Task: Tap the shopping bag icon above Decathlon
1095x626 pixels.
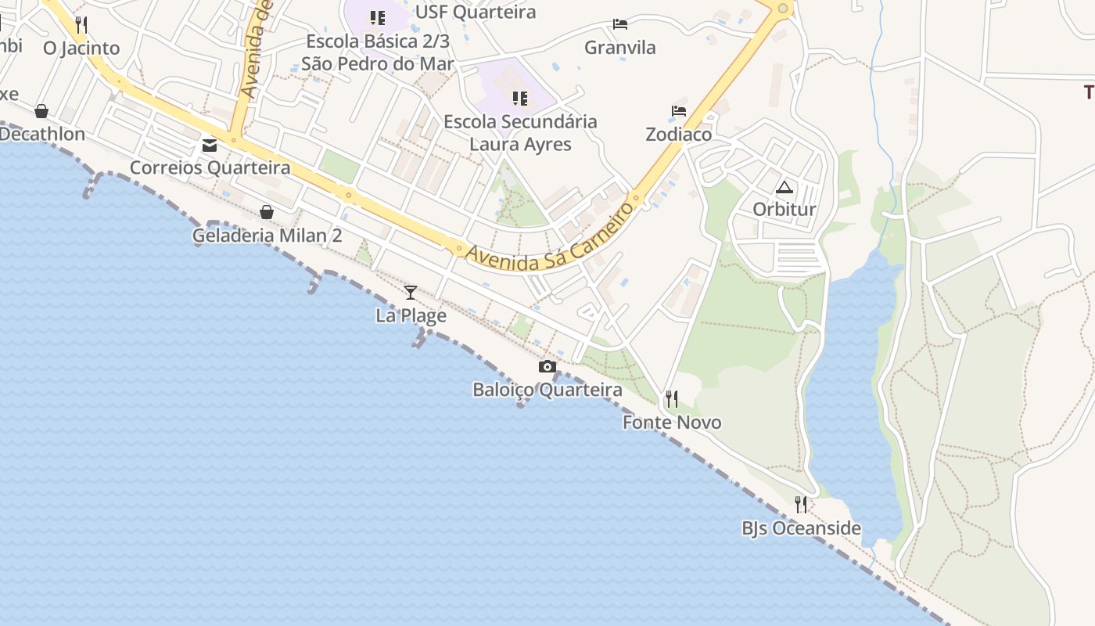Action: pos(41,111)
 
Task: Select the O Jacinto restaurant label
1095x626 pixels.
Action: pos(81,48)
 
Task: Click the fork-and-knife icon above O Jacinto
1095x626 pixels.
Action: pos(81,24)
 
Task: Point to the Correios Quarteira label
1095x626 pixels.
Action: pos(210,167)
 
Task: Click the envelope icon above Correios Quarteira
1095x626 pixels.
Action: pos(210,145)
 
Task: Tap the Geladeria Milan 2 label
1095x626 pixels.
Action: pos(267,235)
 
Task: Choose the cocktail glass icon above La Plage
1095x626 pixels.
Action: pos(411,293)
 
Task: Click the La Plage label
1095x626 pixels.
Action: pos(411,315)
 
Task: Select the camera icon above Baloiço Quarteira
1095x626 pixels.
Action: pos(547,366)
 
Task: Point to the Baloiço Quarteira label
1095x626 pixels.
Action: pos(547,390)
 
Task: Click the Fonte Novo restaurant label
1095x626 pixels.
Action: pos(672,423)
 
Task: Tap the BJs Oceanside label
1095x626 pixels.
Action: pos(801,528)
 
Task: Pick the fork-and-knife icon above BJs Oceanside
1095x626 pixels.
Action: pos(800,505)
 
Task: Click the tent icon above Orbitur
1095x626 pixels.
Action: pos(784,187)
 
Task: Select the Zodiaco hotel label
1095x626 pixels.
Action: pos(679,134)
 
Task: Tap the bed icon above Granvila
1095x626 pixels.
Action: pos(620,24)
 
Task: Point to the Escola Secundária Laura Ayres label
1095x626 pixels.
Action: pos(520,133)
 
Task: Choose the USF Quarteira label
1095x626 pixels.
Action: pos(476,12)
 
